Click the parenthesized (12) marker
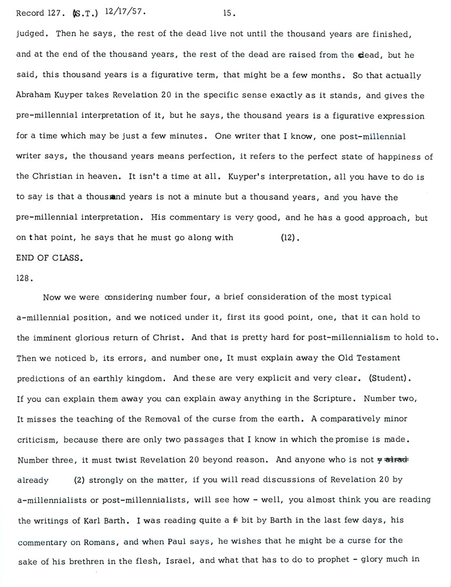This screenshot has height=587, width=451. (290, 238)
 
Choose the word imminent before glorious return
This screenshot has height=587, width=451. (53, 338)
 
